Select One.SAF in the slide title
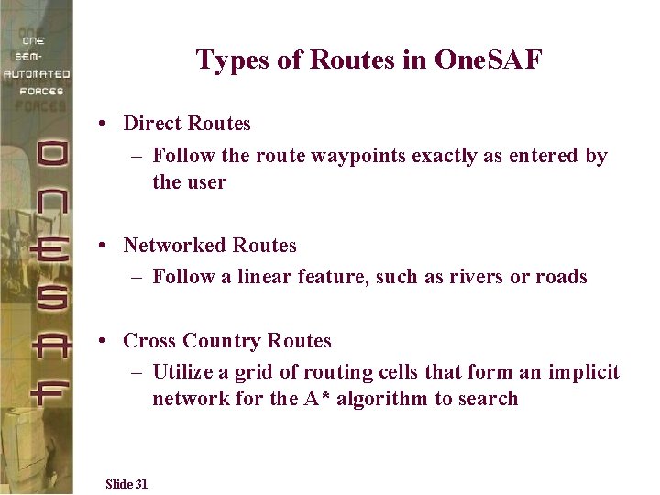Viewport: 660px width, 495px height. click(489, 61)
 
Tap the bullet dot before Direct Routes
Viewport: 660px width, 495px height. click(107, 124)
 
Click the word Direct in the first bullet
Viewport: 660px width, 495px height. click(151, 124)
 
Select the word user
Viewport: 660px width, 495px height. click(205, 182)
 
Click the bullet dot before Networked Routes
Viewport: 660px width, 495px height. click(107, 246)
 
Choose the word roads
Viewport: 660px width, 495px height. click(561, 277)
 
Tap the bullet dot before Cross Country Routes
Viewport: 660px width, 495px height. click(107, 341)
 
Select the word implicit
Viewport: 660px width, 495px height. click(585, 372)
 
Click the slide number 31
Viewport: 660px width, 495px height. click(141, 484)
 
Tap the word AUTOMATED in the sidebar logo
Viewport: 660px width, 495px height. click(37, 73)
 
